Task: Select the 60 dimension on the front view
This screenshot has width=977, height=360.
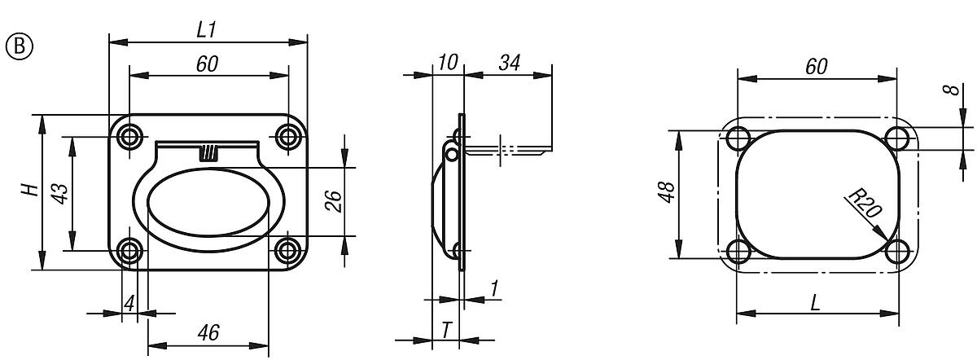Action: [x=207, y=64]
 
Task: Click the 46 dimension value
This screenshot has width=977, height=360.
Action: [x=208, y=332]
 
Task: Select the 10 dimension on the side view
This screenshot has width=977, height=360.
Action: [x=448, y=62]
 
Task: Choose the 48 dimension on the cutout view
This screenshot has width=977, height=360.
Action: [x=666, y=194]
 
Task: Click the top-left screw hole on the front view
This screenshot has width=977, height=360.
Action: [x=129, y=136]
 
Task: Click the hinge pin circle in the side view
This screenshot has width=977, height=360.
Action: [x=450, y=153]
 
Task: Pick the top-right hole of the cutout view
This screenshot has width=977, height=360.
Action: [x=898, y=136]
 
